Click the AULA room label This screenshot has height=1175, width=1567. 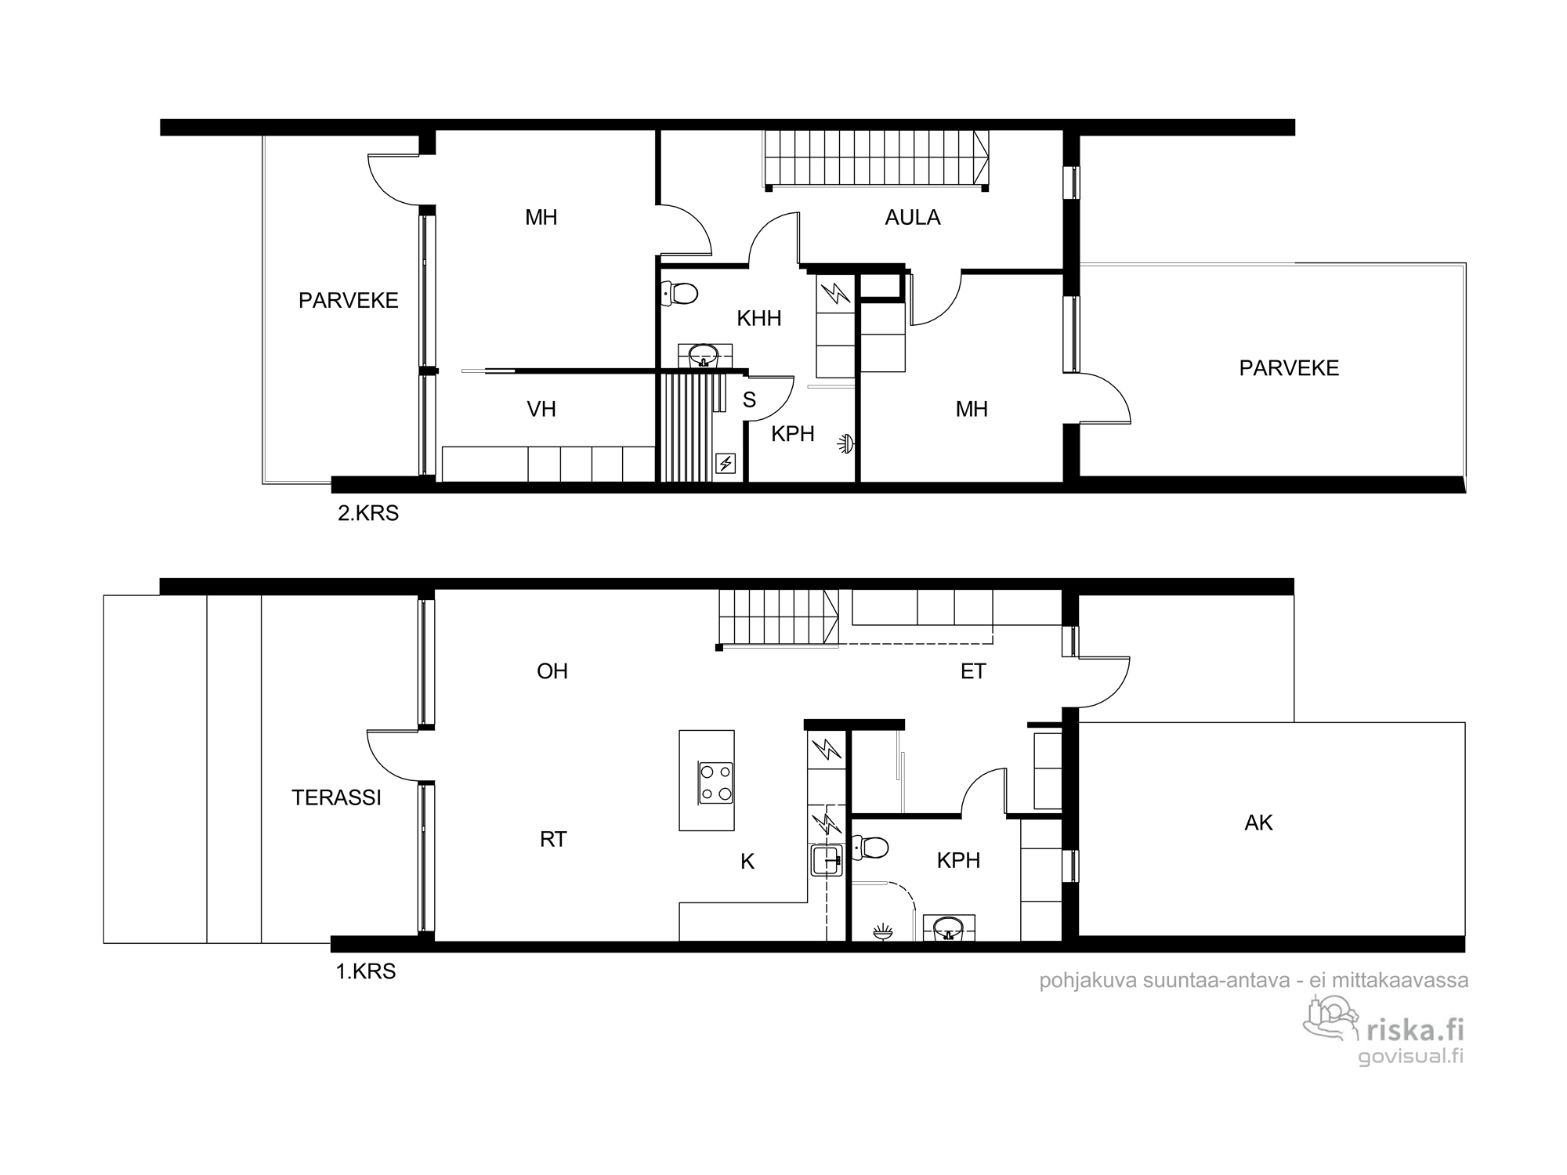click(912, 217)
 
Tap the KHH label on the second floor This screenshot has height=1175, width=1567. click(759, 318)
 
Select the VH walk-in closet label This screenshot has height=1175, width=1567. click(541, 409)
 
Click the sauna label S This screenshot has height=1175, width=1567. click(749, 399)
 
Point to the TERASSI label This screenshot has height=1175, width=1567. click(336, 797)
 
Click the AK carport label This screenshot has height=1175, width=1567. click(1258, 822)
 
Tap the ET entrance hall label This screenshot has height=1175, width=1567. click(973, 671)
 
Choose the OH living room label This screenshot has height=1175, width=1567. click(552, 671)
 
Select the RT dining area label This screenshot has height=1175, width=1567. click(553, 840)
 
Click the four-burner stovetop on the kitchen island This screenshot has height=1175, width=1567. click(716, 783)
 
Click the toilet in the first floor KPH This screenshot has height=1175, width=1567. click(870, 848)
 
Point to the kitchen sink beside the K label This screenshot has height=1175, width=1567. click(827, 860)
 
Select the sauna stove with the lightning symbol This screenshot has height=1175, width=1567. click(726, 465)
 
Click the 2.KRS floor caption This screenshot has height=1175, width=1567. click(368, 514)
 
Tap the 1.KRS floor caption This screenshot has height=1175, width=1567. click(366, 972)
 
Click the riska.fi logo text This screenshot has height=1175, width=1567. click(1414, 1029)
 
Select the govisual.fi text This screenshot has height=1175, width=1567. click(1410, 1056)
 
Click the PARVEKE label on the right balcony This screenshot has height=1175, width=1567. click(1289, 368)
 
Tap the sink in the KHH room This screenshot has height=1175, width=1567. click(704, 356)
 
